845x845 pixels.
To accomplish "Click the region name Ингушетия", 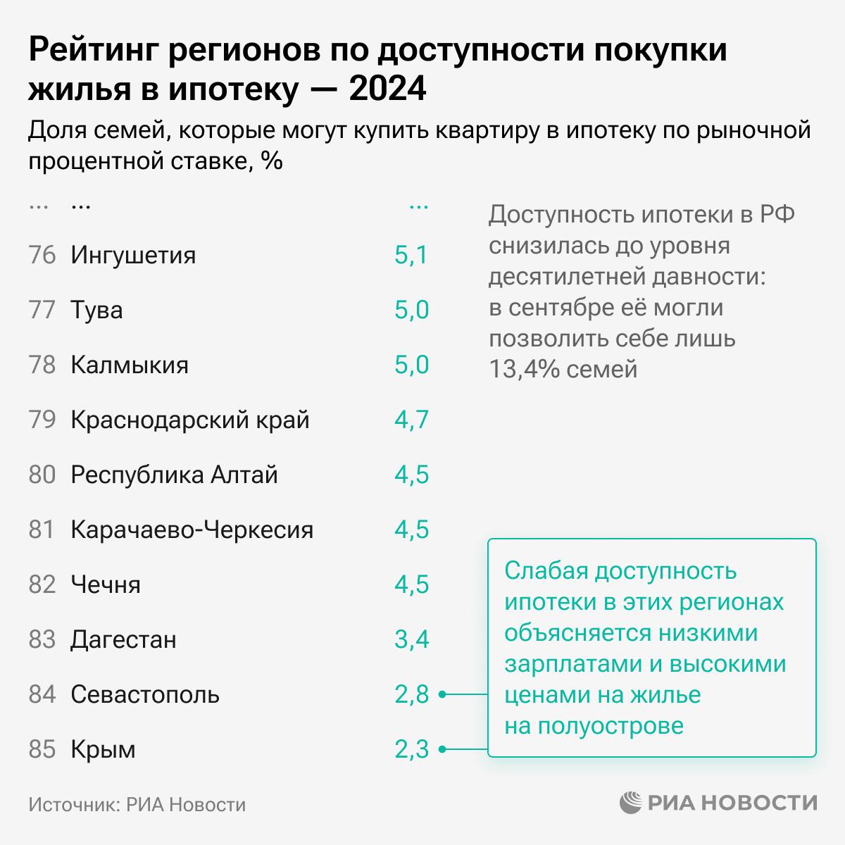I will click(133, 255).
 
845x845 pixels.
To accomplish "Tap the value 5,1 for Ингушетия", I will click(411, 255).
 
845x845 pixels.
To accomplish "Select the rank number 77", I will click(42, 310).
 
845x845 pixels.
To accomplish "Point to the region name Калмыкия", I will click(130, 365).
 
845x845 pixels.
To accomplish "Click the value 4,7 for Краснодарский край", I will click(411, 420).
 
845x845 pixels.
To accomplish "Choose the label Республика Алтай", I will click(174, 475).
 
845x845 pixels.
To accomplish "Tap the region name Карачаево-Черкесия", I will click(192, 530).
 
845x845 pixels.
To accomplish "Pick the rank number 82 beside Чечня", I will click(42, 584).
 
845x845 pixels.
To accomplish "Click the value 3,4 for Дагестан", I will click(411, 639).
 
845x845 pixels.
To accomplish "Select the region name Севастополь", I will click(145, 694).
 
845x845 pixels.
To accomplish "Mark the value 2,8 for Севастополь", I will click(411, 694).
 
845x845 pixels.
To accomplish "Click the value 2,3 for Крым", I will click(411, 749).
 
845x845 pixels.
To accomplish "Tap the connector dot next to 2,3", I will click(443, 750).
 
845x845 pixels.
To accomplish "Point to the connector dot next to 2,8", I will click(443, 695).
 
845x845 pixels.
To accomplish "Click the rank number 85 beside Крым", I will click(42, 749).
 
